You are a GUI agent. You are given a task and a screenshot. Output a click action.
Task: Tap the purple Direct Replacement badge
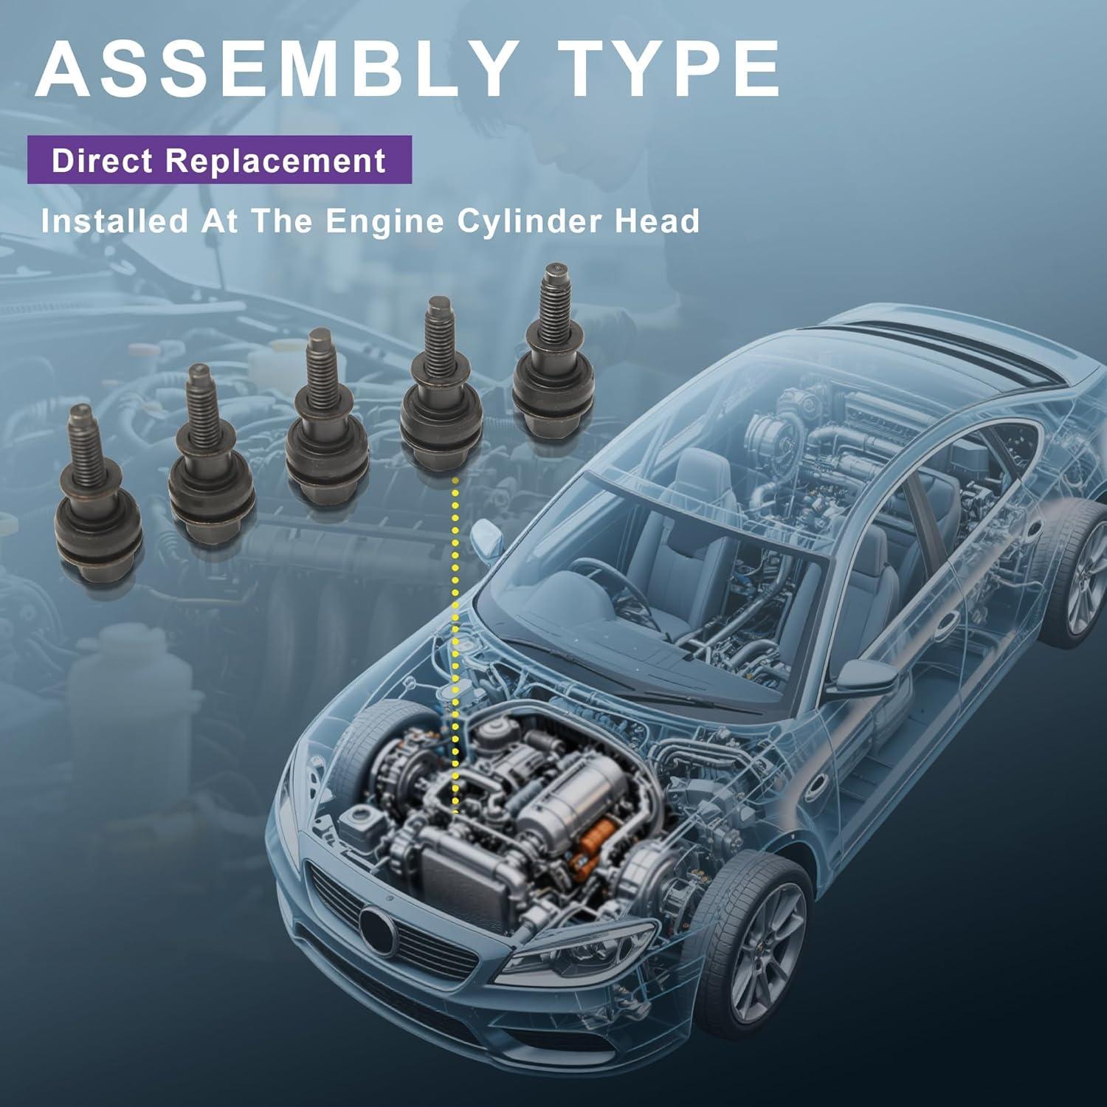219,160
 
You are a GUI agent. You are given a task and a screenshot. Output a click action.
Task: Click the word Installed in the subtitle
114,221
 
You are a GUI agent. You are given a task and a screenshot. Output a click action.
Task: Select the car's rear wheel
1077,568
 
